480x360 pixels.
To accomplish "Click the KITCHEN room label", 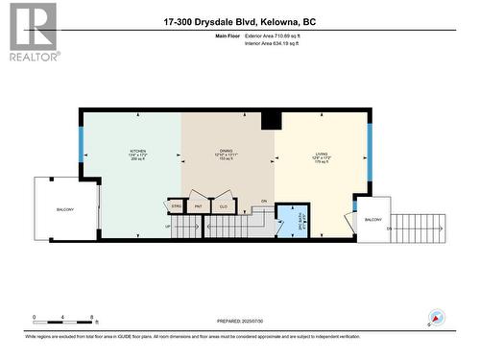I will point(138,152).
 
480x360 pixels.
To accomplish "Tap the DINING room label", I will point(227,152).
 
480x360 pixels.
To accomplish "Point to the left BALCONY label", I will point(65,208).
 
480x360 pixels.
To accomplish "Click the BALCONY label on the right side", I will point(372,220).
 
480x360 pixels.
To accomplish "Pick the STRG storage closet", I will point(177,205).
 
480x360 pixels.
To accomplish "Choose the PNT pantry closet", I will point(199,205).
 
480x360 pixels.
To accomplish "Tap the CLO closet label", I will point(223,205).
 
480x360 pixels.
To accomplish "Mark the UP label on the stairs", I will point(169,227).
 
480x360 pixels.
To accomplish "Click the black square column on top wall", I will point(272,120).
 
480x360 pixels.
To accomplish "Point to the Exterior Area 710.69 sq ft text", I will point(272,36).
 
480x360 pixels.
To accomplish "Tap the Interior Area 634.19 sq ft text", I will point(272,43).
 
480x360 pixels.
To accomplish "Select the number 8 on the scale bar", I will point(91,317).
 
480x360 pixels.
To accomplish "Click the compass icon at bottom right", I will point(438,318).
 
